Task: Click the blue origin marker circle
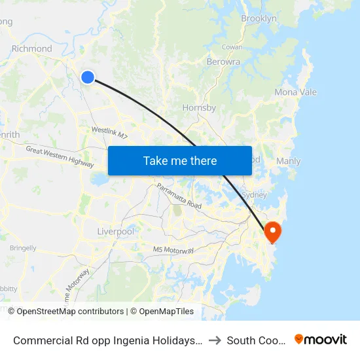pos(88,77)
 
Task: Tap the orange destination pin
pos(271,231)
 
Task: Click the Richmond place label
pos(31,48)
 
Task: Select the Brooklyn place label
pos(259,19)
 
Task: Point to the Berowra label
pos(223,62)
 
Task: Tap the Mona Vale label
pos(295,92)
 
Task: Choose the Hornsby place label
pos(199,107)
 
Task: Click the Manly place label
pos(289,161)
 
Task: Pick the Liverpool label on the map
pos(115,232)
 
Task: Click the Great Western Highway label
pos(60,156)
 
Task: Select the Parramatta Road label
pos(179,196)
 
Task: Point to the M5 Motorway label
pos(173,250)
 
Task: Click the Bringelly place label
pos(23,248)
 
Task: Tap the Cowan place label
pos(232,47)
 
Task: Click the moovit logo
pos(321,339)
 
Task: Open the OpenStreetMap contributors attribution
pos(70,312)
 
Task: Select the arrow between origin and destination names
pos(214,340)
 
